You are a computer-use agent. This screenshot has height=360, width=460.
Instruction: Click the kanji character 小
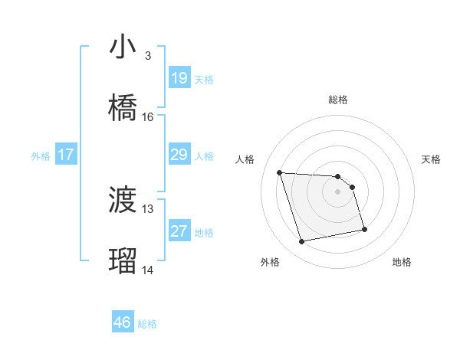[123, 47]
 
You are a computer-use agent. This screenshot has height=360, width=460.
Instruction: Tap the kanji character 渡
[123, 200]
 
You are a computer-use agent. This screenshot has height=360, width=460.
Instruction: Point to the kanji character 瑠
[123, 260]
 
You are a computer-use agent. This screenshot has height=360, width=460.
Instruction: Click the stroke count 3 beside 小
[148, 56]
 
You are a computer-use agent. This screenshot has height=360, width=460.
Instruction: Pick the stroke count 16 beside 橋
[148, 116]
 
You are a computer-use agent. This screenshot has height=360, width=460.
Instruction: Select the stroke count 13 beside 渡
[148, 208]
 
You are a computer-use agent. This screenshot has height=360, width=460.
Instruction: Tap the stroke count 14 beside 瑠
[148, 270]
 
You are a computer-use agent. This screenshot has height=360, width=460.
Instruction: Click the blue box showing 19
[179, 78]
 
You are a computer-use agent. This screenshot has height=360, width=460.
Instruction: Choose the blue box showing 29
[179, 155]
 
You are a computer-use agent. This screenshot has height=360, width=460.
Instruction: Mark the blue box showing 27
[179, 231]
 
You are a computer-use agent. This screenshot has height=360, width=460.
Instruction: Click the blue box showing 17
[66, 155]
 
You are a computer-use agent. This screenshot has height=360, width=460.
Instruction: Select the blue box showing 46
[123, 322]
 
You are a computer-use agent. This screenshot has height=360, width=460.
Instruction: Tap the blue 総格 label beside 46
[147, 324]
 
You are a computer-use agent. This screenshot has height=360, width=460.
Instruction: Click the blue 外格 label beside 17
[41, 156]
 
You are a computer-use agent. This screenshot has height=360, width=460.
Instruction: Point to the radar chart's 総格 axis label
[338, 100]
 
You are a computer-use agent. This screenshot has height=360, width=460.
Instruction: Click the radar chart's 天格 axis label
[431, 159]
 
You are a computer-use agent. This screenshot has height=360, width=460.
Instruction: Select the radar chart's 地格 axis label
[402, 262]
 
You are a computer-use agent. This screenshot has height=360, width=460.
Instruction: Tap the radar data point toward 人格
[279, 172]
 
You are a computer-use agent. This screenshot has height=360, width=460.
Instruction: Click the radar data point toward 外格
[302, 242]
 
